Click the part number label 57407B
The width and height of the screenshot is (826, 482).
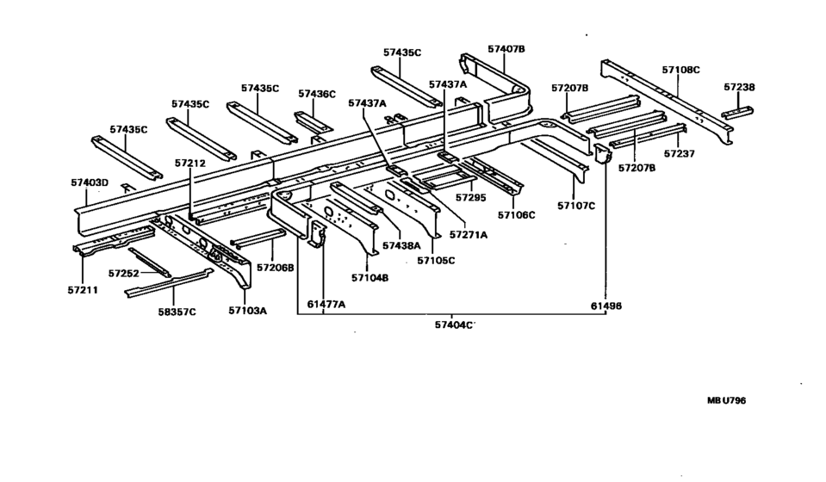click(x=506, y=49)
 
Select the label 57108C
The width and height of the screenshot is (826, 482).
click(x=680, y=70)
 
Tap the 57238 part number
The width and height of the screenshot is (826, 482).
click(x=739, y=87)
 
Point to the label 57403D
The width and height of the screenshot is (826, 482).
click(x=90, y=182)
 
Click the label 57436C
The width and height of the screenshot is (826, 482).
click(x=317, y=94)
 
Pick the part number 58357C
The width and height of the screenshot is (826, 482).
click(x=177, y=312)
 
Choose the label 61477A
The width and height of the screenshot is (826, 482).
click(x=326, y=304)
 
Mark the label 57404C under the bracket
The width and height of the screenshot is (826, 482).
click(x=454, y=324)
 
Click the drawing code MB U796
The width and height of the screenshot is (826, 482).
click(x=726, y=400)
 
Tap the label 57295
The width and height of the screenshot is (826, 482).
click(x=471, y=197)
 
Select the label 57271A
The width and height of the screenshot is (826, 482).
click(x=469, y=235)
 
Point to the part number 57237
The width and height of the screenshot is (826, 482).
click(x=679, y=154)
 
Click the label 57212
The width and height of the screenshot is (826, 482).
click(x=190, y=164)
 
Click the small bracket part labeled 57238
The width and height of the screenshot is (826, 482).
click(x=737, y=113)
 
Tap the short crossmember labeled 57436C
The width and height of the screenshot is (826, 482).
click(x=314, y=122)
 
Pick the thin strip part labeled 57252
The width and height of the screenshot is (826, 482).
click(x=150, y=262)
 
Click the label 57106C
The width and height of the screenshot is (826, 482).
click(x=516, y=214)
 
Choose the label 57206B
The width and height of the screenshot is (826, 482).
click(x=276, y=268)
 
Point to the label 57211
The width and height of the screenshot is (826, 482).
click(x=83, y=289)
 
